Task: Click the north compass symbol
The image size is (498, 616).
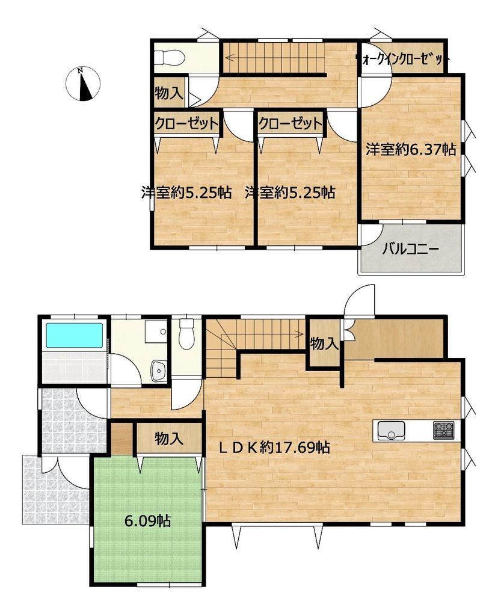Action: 82,83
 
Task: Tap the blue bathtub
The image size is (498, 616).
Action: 75,335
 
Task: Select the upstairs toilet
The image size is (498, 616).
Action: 169,58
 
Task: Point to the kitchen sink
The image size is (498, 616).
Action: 392,430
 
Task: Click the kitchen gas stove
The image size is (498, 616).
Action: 444,430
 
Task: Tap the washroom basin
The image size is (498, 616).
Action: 159,370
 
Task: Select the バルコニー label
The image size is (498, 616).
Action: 411,249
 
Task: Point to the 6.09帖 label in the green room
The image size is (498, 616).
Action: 147,522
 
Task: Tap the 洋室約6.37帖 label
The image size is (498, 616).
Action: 411,150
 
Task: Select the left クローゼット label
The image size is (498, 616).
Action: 186,124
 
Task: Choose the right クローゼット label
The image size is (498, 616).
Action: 290,124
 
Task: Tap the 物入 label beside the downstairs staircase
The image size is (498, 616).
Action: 324,344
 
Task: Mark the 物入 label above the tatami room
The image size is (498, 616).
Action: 169,439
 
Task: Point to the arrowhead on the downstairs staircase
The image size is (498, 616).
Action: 300,334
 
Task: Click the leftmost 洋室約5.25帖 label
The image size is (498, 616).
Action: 186,193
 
